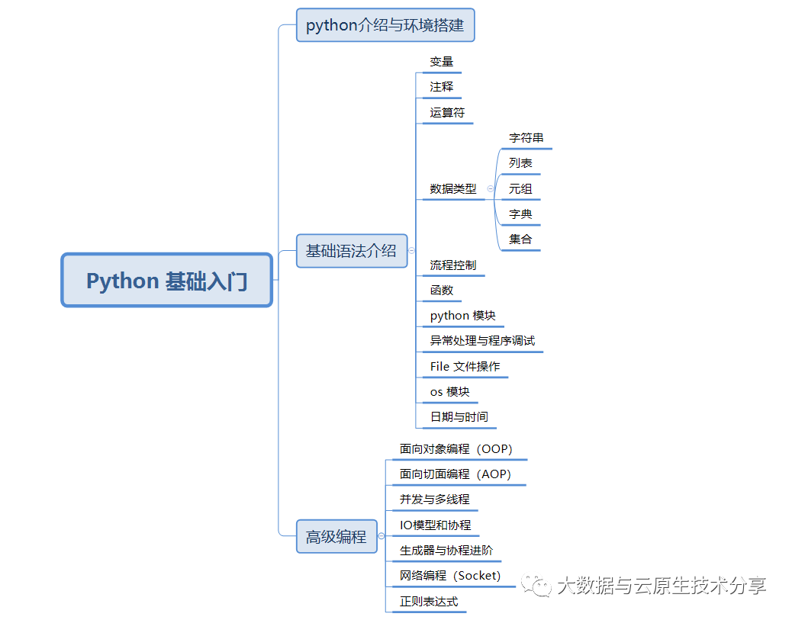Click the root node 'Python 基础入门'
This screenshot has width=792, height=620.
[x=166, y=281]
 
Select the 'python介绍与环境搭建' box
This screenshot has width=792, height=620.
[x=385, y=25]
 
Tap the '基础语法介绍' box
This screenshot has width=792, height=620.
[x=351, y=251]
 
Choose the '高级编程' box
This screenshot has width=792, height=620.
[x=336, y=537]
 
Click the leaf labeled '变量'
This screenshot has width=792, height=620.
[x=442, y=62]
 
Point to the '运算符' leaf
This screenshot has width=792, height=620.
[x=447, y=113]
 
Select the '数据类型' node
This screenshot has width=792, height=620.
[x=453, y=188]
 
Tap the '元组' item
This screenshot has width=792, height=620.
[x=520, y=189]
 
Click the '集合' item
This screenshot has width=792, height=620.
[x=520, y=239]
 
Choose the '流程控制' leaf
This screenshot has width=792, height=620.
[x=453, y=265]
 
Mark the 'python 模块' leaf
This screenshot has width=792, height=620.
[x=463, y=316]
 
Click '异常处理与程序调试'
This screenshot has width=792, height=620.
[x=482, y=341]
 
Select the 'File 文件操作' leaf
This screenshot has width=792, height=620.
[x=465, y=367]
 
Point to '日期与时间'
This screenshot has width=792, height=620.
[x=459, y=417]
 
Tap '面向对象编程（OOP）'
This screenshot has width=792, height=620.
[x=456, y=449]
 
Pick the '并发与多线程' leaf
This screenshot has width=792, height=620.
[x=435, y=500]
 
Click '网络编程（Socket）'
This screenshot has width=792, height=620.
[x=450, y=576]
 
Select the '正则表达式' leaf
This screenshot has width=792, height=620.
[x=429, y=601]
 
